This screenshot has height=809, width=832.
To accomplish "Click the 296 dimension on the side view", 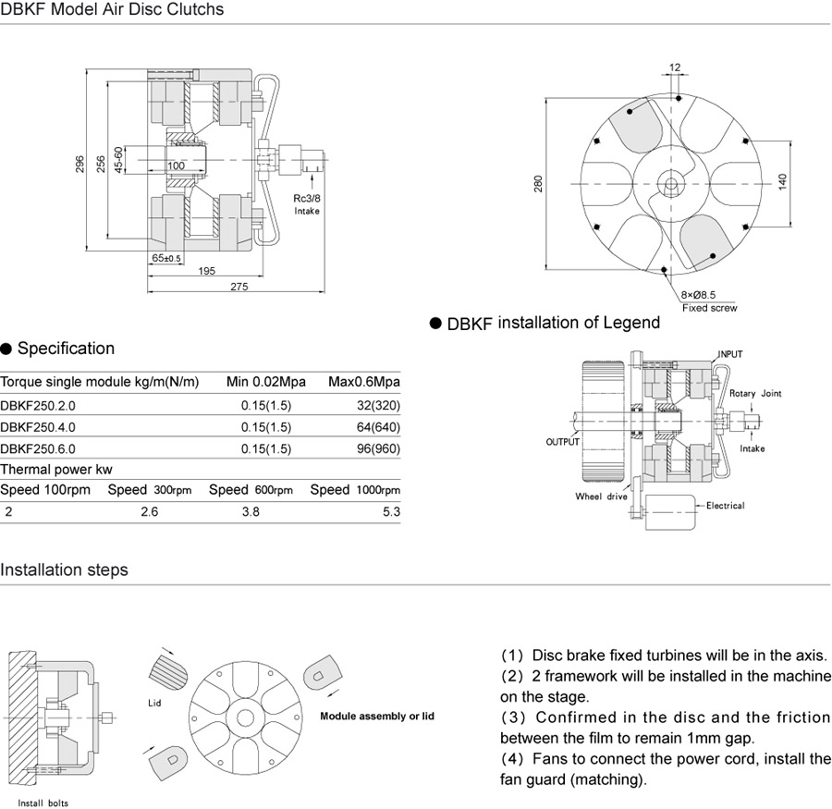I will click(x=80, y=163).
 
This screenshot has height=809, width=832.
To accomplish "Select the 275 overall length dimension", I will click(x=239, y=287).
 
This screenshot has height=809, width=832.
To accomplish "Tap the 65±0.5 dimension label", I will click(x=167, y=258).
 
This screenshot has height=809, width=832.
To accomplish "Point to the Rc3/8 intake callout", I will click(x=307, y=204).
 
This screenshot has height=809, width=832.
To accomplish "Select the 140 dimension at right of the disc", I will click(x=782, y=182).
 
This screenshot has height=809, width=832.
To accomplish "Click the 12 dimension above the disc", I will click(x=675, y=67).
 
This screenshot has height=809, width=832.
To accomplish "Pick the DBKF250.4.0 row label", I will click(x=38, y=427).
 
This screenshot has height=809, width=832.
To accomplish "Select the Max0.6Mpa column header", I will click(x=364, y=382).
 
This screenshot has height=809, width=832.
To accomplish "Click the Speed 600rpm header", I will click(x=251, y=490).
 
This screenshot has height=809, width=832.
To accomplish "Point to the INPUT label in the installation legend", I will click(x=730, y=354).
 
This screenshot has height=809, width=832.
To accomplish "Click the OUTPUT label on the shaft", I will click(x=562, y=442).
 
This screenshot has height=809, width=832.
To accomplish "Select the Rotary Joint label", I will click(x=755, y=394).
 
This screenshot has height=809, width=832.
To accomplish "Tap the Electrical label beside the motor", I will click(x=725, y=506).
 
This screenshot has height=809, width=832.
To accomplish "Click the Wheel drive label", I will click(x=601, y=496).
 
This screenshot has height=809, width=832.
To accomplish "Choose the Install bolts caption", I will click(x=43, y=803).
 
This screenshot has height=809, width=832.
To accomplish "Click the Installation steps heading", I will click(x=64, y=570).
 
